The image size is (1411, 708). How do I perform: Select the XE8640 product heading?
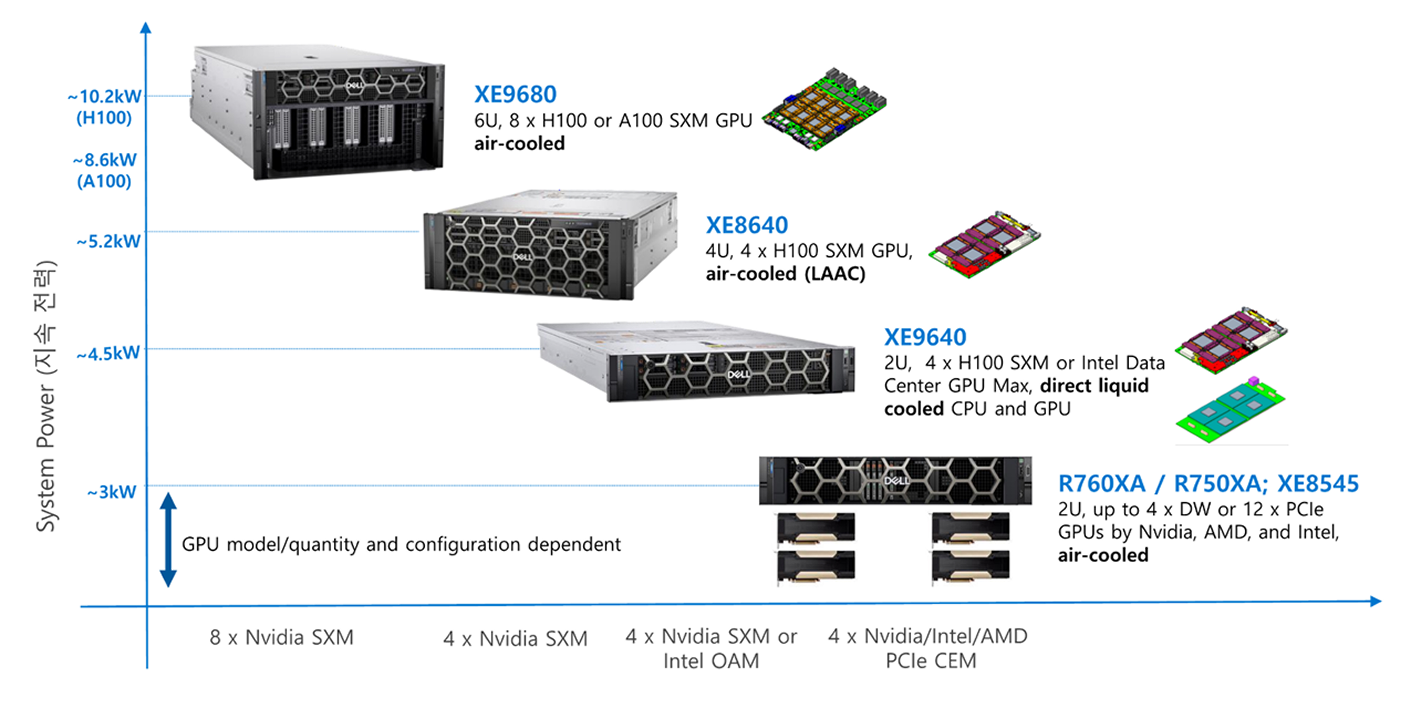coord(747,225)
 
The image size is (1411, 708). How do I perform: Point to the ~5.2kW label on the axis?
coord(108,241)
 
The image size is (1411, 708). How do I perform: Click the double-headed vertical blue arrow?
coord(168,540)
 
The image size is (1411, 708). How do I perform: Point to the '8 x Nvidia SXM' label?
coord(282,637)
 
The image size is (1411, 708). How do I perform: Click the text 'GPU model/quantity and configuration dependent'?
coord(401,544)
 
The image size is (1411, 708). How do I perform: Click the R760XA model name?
coord(1101,484)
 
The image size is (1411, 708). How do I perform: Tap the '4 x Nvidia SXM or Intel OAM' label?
coord(711,648)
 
